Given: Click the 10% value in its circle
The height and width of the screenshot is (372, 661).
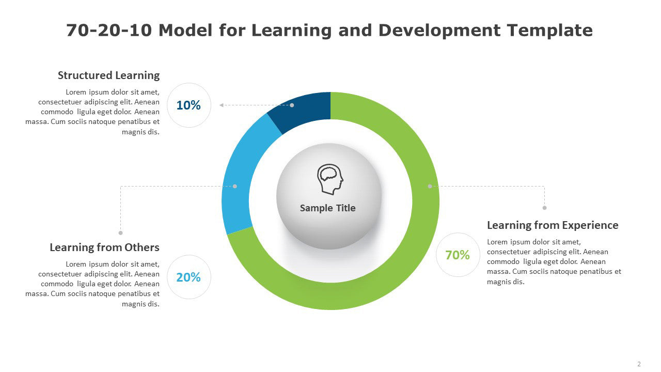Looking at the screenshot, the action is [x=188, y=105].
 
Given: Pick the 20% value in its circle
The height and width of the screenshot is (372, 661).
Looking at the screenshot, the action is [x=188, y=277].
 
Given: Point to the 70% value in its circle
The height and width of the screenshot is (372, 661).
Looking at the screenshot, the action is [x=458, y=255].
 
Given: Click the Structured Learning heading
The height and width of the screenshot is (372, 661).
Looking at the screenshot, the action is [x=108, y=75].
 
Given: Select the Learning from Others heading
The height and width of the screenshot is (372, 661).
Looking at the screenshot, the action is [x=104, y=247].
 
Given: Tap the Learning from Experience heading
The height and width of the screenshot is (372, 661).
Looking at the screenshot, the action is [x=553, y=225].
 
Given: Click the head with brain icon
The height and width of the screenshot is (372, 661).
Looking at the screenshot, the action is [x=330, y=179].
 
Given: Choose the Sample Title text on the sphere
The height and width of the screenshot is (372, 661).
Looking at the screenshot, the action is [x=328, y=208].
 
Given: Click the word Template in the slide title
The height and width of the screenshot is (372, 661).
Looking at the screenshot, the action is [x=550, y=30].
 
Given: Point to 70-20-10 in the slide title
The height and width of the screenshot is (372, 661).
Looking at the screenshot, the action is [x=109, y=30].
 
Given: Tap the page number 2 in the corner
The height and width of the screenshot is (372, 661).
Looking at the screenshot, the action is [x=639, y=364].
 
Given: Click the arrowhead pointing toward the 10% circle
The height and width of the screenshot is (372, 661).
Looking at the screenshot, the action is [x=222, y=105].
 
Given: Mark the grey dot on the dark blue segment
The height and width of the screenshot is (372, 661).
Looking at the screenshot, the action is [x=292, y=105].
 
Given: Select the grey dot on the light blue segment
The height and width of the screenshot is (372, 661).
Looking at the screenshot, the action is [x=235, y=187].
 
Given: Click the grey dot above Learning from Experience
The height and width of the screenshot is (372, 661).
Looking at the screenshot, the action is [x=544, y=208].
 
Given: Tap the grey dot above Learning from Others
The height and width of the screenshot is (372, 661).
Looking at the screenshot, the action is [x=120, y=233].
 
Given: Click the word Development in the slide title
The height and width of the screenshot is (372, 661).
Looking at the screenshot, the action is [x=439, y=31].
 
